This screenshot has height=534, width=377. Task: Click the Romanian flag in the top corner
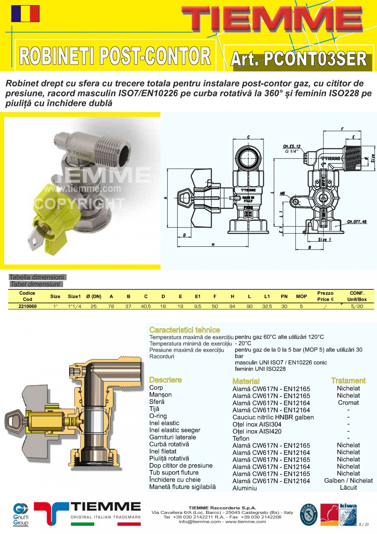[x=25, y=14]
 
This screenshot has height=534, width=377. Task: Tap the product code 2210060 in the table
[x=27, y=306]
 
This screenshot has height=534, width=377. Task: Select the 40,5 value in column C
[x=146, y=306]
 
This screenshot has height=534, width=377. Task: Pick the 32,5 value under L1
[x=267, y=306]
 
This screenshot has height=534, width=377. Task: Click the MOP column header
[x=301, y=296]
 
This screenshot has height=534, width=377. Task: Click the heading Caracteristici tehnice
[x=184, y=330]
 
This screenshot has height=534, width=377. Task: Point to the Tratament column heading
[x=348, y=380]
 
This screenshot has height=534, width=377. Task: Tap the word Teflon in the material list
[x=241, y=438]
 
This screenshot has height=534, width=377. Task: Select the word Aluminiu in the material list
[x=245, y=488]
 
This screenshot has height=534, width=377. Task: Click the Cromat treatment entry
[x=348, y=403]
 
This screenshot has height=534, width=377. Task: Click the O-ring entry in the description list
[x=158, y=416]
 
